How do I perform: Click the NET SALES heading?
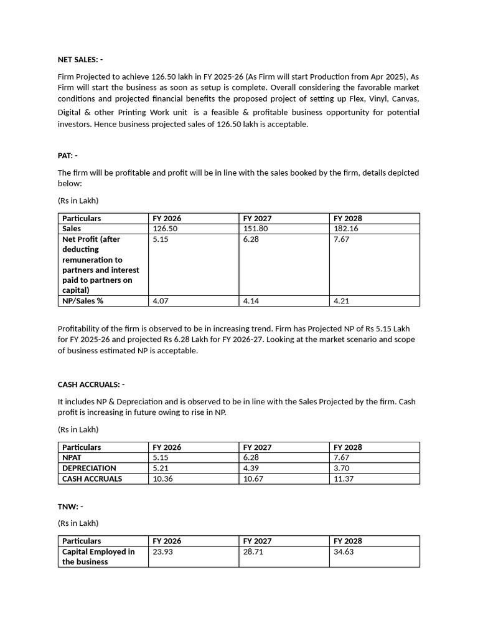(80, 60)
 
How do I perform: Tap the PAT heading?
(67, 156)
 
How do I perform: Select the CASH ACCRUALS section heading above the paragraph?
(91, 384)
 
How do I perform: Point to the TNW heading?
(70, 507)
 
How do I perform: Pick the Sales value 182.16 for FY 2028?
(346, 229)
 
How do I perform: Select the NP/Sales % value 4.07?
(161, 301)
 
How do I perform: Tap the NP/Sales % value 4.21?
(342, 301)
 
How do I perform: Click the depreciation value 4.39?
(251, 468)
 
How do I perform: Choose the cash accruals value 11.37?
(344, 478)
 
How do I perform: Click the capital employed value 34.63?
(344, 551)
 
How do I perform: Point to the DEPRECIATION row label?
(89, 468)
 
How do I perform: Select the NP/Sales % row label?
(82, 301)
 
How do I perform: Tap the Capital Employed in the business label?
(98, 556)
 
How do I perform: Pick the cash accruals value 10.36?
(163, 478)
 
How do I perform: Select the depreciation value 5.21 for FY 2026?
(161, 468)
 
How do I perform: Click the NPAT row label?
(72, 457)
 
